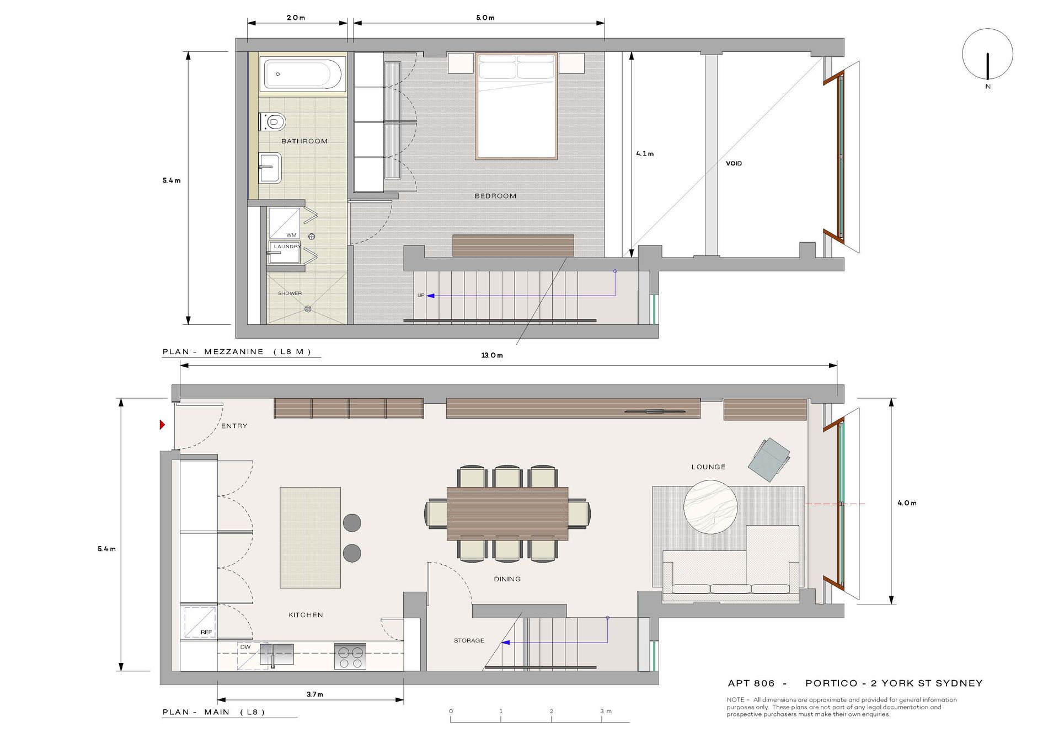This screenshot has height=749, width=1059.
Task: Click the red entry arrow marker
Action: click(x=162, y=425)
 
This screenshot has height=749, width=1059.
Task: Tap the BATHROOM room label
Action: click(x=304, y=141)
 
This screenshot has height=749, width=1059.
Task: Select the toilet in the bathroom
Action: click(x=272, y=122)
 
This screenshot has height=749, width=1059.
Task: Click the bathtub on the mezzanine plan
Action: click(x=303, y=73)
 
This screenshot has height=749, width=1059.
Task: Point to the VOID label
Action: click(x=734, y=163)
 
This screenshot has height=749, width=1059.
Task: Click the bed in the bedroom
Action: click(x=516, y=106)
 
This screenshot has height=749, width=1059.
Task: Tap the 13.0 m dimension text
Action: click(x=492, y=355)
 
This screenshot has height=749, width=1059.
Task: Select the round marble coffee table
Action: click(x=710, y=507)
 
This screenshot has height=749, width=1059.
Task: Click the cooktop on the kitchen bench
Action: click(x=350, y=656)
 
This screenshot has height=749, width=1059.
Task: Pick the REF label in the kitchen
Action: click(x=206, y=632)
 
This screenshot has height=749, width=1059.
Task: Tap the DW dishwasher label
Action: click(x=245, y=647)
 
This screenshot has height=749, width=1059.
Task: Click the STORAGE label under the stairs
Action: click(x=469, y=640)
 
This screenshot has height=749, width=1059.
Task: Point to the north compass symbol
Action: click(x=987, y=55)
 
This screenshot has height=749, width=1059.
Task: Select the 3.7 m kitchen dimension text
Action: click(x=315, y=694)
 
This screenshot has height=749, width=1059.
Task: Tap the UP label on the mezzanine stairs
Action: click(x=421, y=296)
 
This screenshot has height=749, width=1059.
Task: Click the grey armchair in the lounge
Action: click(x=769, y=459)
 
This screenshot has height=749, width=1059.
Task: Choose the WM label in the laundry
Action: click(x=291, y=235)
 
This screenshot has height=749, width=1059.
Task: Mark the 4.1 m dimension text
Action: click(x=645, y=154)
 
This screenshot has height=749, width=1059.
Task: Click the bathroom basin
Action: click(x=270, y=168)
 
